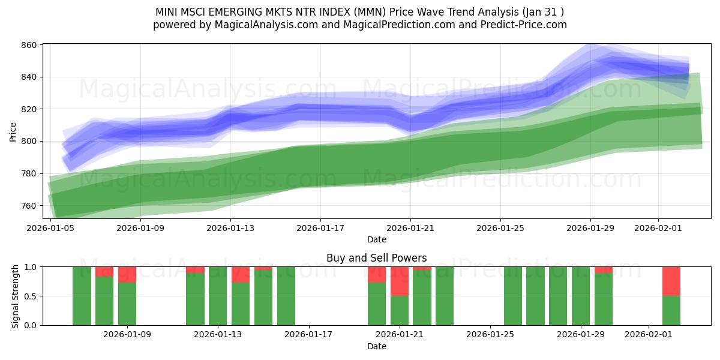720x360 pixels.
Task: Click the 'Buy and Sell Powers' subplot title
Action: (x=376, y=258)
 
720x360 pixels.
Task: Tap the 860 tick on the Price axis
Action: (x=29, y=45)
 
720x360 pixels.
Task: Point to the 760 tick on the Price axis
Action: (x=29, y=206)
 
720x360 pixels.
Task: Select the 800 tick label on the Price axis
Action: (x=29, y=142)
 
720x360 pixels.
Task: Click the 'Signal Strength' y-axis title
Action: (x=16, y=296)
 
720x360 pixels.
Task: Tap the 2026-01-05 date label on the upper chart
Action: (x=50, y=228)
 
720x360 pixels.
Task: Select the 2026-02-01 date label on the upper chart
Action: (x=659, y=228)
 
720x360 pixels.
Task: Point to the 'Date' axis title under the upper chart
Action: (x=376, y=239)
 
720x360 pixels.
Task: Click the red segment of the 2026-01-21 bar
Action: (x=400, y=281)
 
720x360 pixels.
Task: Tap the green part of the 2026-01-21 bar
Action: (x=400, y=311)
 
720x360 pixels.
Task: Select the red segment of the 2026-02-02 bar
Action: (x=671, y=281)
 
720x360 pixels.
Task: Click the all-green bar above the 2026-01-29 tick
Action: (x=581, y=296)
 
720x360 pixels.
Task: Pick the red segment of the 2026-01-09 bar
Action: (x=127, y=274)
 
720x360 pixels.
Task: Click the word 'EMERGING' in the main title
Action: (x=227, y=11)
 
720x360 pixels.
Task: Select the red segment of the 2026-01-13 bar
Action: (x=241, y=274)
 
